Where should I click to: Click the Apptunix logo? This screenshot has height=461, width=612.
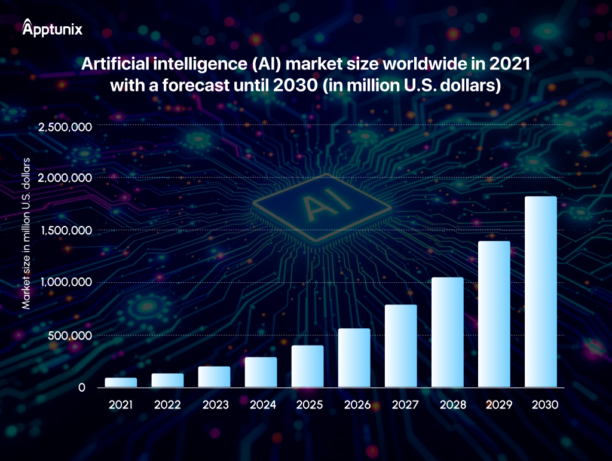(x=52, y=28)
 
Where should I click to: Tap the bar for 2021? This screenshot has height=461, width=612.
(x=121, y=383)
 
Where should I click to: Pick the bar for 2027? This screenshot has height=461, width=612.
(x=400, y=346)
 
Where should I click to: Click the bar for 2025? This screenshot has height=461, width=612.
(x=307, y=367)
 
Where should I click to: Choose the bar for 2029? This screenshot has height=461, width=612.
(x=494, y=315)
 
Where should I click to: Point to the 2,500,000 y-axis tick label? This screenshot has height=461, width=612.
(x=64, y=126)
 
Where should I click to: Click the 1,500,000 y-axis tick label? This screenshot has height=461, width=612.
(x=64, y=231)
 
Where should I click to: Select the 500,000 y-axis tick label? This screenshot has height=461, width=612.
(x=70, y=335)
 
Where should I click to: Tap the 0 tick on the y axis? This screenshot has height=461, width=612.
(x=82, y=387)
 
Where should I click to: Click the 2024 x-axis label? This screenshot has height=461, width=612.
(x=261, y=405)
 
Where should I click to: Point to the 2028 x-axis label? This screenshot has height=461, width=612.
(x=447, y=405)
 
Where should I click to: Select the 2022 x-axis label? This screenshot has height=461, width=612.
(x=167, y=405)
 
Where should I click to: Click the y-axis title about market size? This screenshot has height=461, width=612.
(x=26, y=239)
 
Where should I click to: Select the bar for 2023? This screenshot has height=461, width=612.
(x=214, y=377)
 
